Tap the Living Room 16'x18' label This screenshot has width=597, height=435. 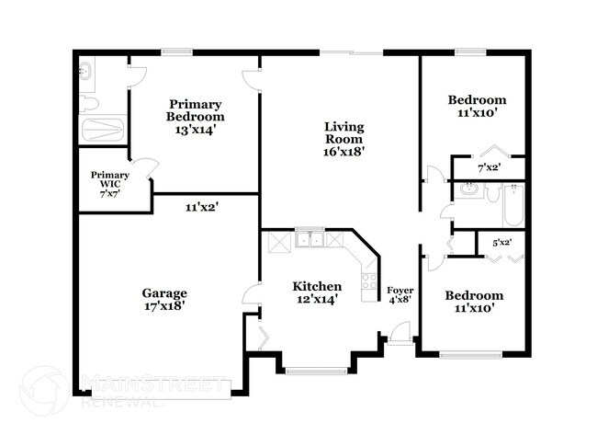click(x=344, y=139)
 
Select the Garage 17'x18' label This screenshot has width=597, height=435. click(x=165, y=299)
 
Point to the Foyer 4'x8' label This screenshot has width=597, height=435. click(x=400, y=295)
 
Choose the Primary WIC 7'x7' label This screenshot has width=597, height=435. click(x=109, y=184)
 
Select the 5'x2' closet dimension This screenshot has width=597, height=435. click(x=501, y=243)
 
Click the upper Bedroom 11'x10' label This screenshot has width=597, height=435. click(x=477, y=106)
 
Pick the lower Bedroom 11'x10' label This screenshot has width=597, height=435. click(x=474, y=302)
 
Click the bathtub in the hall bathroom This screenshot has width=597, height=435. click(x=513, y=204)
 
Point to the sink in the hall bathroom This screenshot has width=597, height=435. click(x=470, y=192)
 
